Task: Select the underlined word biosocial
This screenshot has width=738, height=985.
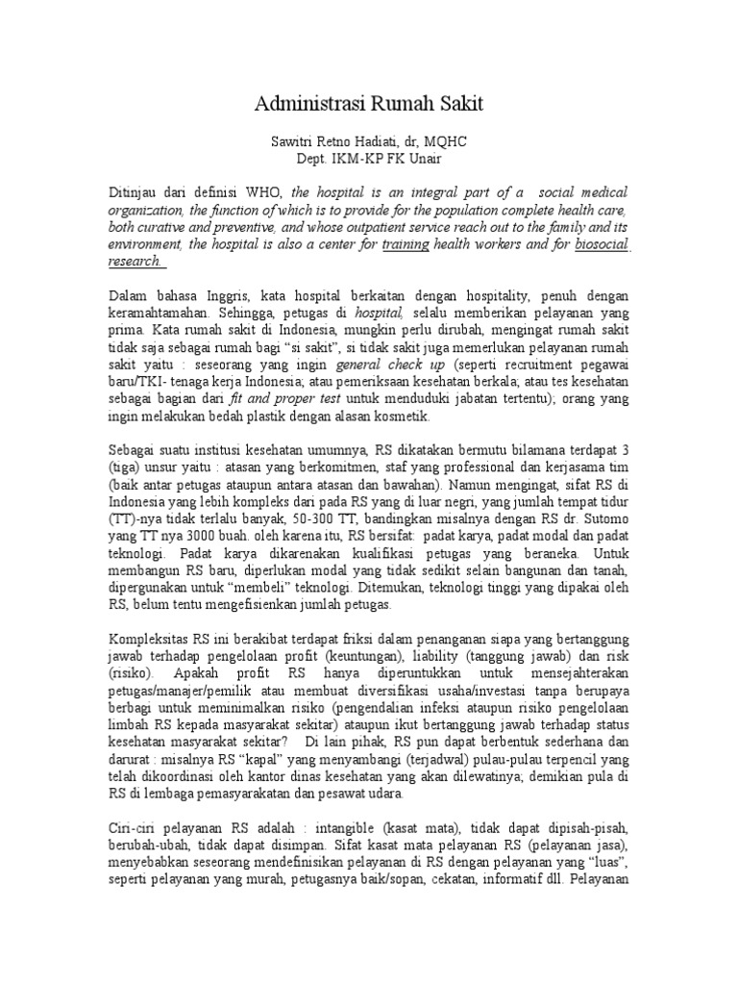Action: [x=601, y=244]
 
